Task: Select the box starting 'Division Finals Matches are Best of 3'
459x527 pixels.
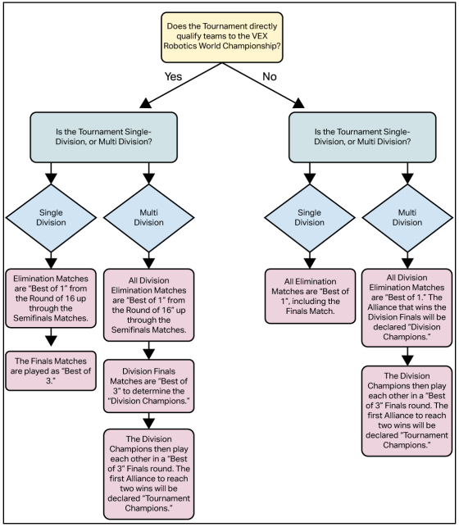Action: pyautogui.click(x=148, y=379)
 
